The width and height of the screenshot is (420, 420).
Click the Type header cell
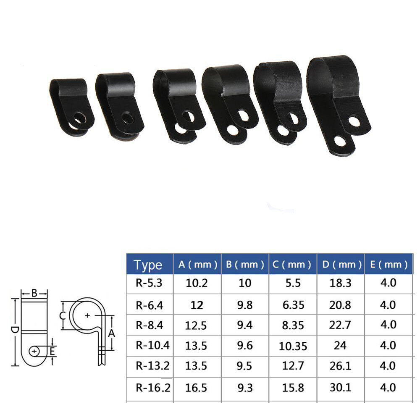pos(148,265)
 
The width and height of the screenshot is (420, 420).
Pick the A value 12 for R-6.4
pos(197,304)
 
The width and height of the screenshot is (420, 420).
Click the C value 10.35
pos(293,346)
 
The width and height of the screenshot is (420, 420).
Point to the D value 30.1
pos(340,387)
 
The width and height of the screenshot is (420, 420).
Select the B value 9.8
pos(244,304)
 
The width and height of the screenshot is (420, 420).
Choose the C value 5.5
pos(293,283)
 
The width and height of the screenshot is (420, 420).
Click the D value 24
pos(340,345)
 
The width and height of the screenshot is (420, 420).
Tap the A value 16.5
pos(197,387)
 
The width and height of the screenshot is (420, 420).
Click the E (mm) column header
pos(388,265)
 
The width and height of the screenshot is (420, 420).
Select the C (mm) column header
pos(293,265)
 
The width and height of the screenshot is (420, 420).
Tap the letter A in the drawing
pos(111,333)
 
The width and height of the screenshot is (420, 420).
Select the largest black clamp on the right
pos(339,105)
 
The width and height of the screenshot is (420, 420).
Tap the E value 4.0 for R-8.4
pos(388,325)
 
